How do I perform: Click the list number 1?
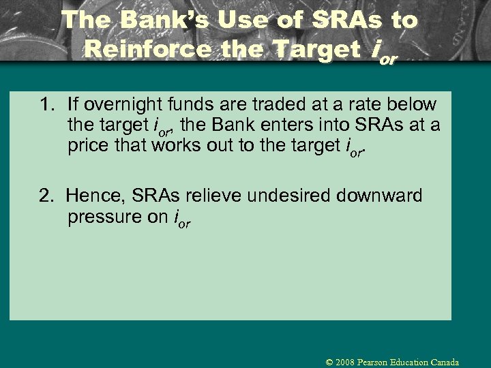[x=46, y=105]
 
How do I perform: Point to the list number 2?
[x=46, y=196]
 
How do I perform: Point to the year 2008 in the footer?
[x=344, y=363]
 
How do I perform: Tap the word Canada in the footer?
[x=443, y=363]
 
